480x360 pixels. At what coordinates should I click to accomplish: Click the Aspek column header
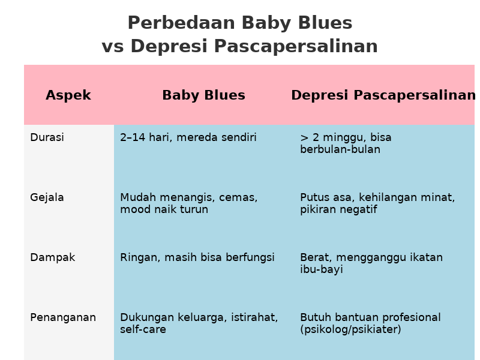click(x=68, y=95)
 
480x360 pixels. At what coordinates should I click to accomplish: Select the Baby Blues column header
click(x=203, y=95)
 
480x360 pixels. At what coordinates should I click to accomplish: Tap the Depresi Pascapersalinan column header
click(x=383, y=95)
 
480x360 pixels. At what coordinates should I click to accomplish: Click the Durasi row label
click(x=47, y=137)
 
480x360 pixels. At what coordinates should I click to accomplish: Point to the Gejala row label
click(x=47, y=197)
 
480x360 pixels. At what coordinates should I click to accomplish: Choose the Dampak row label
click(x=52, y=257)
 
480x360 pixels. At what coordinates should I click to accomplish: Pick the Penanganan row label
click(x=63, y=317)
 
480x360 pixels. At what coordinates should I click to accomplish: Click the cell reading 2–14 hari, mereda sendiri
click(x=188, y=137)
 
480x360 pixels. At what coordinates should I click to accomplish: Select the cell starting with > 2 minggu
click(x=346, y=143)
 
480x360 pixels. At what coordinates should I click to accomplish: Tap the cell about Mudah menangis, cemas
click(x=189, y=203)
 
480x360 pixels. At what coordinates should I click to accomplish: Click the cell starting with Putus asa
click(x=377, y=203)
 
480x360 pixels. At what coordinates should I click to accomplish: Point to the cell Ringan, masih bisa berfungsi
click(x=197, y=257)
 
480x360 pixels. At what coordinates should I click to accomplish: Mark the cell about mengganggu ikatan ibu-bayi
click(x=371, y=263)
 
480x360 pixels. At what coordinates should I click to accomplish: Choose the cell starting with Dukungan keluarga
click(x=199, y=323)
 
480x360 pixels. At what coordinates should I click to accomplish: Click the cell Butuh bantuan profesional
click(x=370, y=323)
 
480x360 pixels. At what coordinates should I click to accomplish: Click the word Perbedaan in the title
click(x=181, y=23)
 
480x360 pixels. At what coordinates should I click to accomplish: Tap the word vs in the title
click(x=113, y=47)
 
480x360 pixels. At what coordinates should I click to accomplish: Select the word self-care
click(x=143, y=329)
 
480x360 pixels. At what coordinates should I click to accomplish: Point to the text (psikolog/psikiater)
click(x=350, y=329)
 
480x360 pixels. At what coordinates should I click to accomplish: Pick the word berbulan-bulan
click(x=340, y=149)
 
